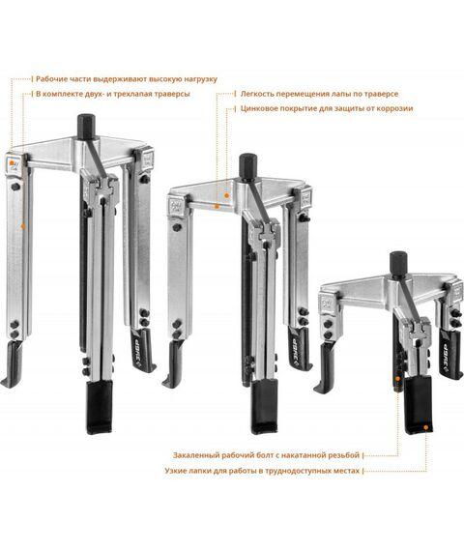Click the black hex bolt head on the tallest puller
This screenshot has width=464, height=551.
pos(86,127)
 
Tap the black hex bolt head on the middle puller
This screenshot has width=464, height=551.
pos(248,166)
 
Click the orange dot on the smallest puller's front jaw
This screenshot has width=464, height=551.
pos(425,427)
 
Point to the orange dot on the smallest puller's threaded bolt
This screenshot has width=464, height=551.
pos(398,379)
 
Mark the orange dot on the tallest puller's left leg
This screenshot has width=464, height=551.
pos(23,226)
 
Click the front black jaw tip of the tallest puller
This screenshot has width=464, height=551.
pos(100,408)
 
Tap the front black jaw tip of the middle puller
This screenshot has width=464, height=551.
pos(264,407)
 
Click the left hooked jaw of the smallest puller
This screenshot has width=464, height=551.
pos(325,368)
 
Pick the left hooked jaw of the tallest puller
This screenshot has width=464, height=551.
pos(13,364)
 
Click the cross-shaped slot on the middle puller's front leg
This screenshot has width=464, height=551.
pos(266,234)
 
